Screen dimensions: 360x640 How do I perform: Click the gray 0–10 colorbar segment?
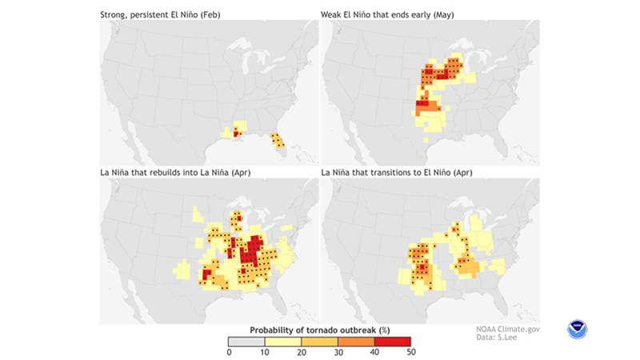point(247,342)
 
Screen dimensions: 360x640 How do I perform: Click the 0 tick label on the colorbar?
point(230,352)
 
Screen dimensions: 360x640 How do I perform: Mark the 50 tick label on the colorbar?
point(409,352)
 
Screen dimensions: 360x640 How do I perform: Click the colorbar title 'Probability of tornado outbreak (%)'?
point(318,330)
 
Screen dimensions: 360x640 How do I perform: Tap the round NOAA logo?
point(577,329)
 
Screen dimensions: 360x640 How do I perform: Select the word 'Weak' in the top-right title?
point(334,14)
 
